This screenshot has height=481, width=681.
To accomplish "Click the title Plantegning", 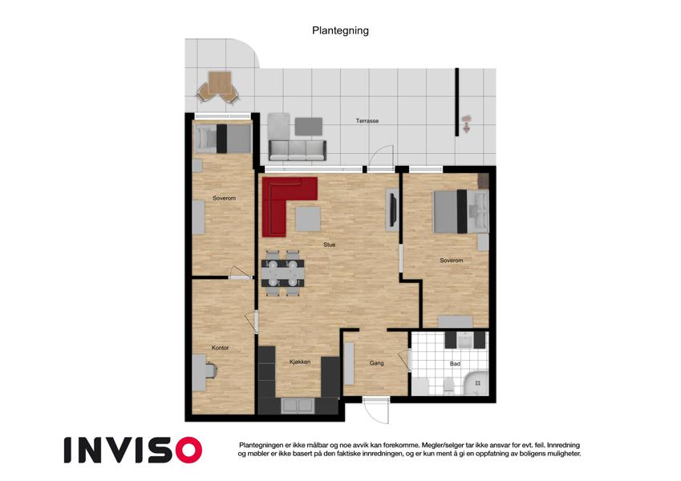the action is [340, 30].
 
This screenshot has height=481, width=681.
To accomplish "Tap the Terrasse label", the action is [367, 121].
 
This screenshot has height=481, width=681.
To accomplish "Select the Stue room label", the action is [329, 245].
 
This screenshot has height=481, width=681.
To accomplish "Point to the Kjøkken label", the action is [300, 362].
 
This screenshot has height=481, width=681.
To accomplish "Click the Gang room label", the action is [376, 363].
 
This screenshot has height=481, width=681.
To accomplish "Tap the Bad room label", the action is [455, 364].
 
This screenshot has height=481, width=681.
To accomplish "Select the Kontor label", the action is [221, 348].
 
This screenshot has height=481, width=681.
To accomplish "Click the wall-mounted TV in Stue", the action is [392, 210].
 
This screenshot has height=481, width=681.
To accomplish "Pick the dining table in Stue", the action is [282, 273].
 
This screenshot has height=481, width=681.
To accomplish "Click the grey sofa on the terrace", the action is [298, 150].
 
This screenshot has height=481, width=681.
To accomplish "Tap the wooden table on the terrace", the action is [219, 83].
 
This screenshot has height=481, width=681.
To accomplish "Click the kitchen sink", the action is [298, 406].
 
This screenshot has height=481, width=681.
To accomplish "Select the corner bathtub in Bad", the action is [477, 383].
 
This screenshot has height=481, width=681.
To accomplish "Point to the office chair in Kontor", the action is [212, 370].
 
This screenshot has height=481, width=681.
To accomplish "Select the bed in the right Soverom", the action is [461, 211].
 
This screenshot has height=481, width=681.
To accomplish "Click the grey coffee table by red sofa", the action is [308, 219].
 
